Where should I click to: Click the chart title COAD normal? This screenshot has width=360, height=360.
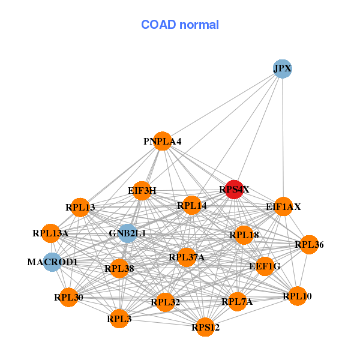179,25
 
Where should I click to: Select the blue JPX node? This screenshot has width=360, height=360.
282,68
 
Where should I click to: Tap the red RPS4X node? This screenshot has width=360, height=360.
234,190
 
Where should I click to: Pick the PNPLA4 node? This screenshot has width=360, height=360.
162,141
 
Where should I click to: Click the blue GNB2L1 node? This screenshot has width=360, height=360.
127,233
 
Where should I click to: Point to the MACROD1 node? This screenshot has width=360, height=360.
53,262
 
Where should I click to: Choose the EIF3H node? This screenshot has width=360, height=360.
142,191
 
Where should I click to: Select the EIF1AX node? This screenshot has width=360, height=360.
283,206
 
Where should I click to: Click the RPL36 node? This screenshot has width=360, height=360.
309,244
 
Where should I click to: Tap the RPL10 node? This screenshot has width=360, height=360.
298,296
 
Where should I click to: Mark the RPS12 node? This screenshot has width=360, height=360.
205,327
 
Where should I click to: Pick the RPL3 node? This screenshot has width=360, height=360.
119,319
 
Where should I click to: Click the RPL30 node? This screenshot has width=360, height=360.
68,297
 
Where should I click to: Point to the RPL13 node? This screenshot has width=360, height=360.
80,207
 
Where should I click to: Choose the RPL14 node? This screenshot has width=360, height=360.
191,205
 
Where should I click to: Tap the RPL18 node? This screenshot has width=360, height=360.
244,235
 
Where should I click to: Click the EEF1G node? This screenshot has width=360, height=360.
265,266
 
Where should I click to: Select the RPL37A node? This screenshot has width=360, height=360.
187,257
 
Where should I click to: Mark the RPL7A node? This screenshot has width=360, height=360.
237,301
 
